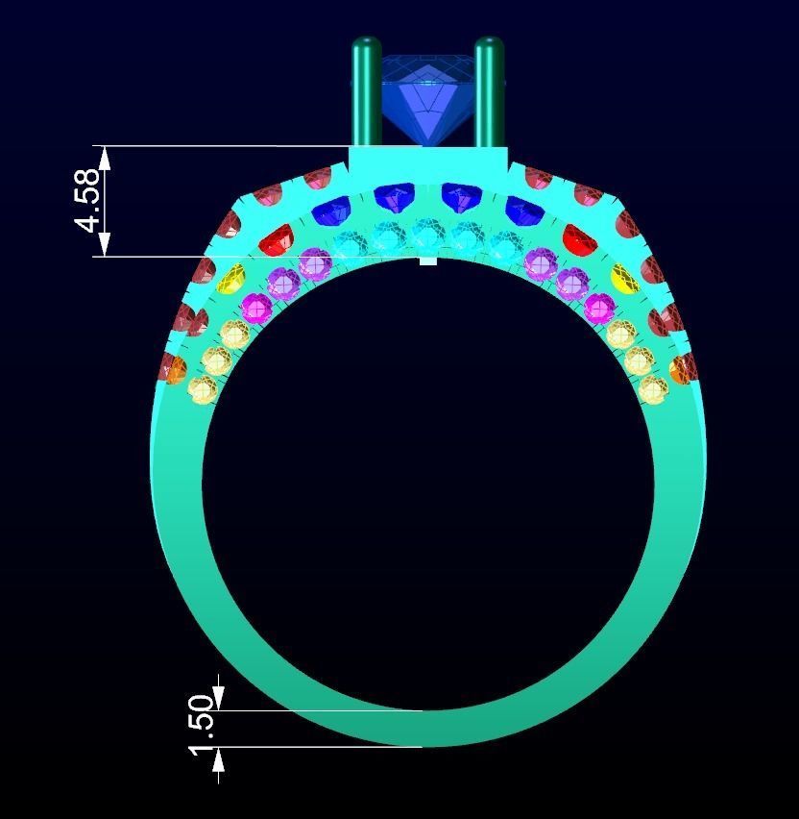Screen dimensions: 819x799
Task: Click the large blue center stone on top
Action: click(x=427, y=96)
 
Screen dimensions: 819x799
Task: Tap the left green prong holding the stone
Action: click(x=366, y=91)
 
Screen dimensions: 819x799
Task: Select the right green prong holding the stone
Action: click(x=489, y=91)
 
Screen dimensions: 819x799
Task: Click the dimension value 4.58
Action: click(x=87, y=201)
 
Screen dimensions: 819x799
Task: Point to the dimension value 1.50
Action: click(x=202, y=725)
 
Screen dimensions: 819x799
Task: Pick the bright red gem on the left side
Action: click(x=276, y=239)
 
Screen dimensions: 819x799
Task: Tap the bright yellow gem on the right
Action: click(x=624, y=279)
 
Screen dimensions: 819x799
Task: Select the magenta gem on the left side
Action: click(x=256, y=308)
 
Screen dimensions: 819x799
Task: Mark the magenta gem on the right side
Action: click(x=599, y=308)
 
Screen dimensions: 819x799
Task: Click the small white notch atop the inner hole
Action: click(x=427, y=261)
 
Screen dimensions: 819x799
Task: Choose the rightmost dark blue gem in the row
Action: click(x=523, y=211)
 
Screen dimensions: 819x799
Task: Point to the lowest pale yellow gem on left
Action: click(x=203, y=390)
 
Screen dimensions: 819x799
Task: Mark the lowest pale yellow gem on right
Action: click(x=653, y=389)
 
